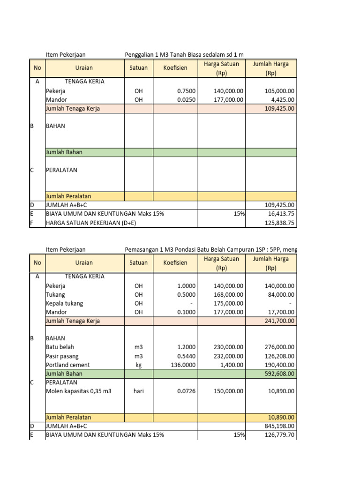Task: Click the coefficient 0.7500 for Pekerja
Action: click(186, 91)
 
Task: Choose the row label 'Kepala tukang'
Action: click(64, 303)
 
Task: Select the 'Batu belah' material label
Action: click(60, 347)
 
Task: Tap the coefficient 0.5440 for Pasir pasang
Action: click(186, 356)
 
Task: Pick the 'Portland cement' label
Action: click(67, 365)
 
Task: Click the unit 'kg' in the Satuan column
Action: click(138, 365)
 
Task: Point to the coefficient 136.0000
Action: click(182, 365)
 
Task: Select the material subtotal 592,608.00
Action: click(277, 374)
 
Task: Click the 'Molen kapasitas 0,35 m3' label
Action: click(78, 391)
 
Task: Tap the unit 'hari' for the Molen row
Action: click(138, 391)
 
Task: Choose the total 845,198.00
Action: click(277, 426)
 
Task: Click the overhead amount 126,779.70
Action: click(277, 435)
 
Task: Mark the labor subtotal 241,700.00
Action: click(277, 321)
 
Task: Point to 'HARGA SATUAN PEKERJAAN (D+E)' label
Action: click(91, 223)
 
